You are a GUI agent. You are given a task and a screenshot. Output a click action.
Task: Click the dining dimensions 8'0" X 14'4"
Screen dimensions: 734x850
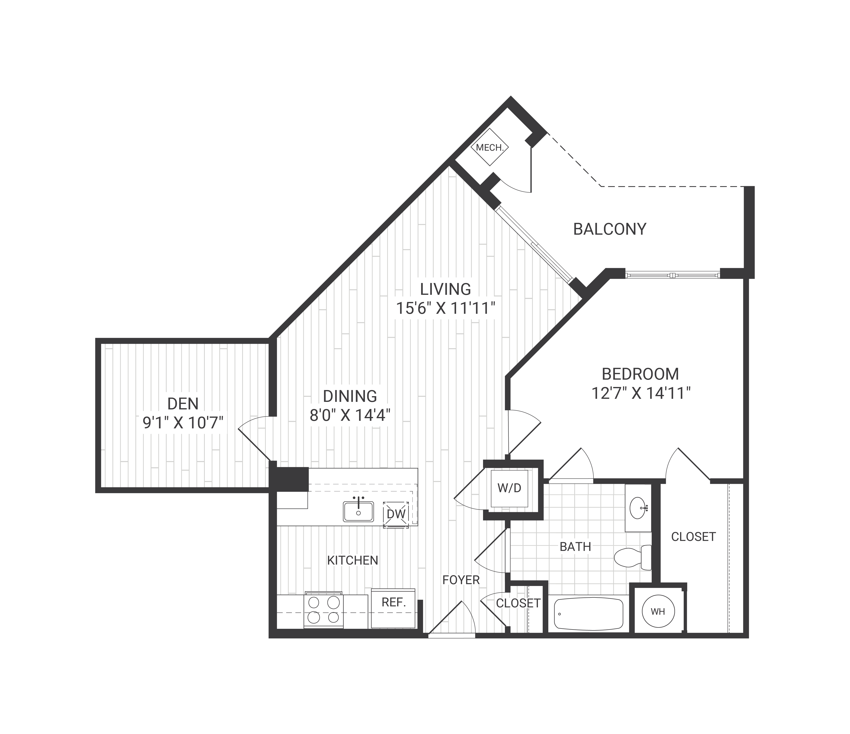[x=349, y=416]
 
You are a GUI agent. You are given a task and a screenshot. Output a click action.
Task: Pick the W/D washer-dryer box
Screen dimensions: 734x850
[x=509, y=488]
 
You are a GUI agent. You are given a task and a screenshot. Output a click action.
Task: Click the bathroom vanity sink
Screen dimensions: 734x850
[x=638, y=508]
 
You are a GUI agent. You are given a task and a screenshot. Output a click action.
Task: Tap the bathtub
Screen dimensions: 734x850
[x=588, y=614]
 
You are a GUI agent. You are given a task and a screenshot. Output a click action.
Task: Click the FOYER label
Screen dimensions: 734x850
[x=461, y=580]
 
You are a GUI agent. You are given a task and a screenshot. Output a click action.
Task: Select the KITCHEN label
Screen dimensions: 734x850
[x=352, y=560]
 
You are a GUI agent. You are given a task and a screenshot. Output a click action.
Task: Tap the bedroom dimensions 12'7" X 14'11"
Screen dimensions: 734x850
[x=641, y=394]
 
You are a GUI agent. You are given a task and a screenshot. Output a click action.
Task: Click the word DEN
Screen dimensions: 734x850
[x=183, y=404]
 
